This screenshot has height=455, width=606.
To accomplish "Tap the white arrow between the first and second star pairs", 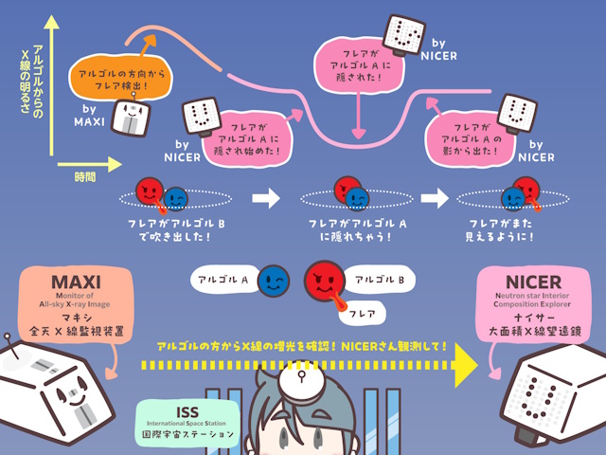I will (x=268, y=197).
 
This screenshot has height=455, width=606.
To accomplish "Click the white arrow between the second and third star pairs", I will (x=435, y=197).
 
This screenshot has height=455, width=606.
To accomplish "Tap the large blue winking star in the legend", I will (x=275, y=281).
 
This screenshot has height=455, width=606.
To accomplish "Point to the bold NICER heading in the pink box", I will (x=533, y=282).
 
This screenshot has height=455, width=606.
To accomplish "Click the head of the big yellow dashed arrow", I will (x=467, y=363).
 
